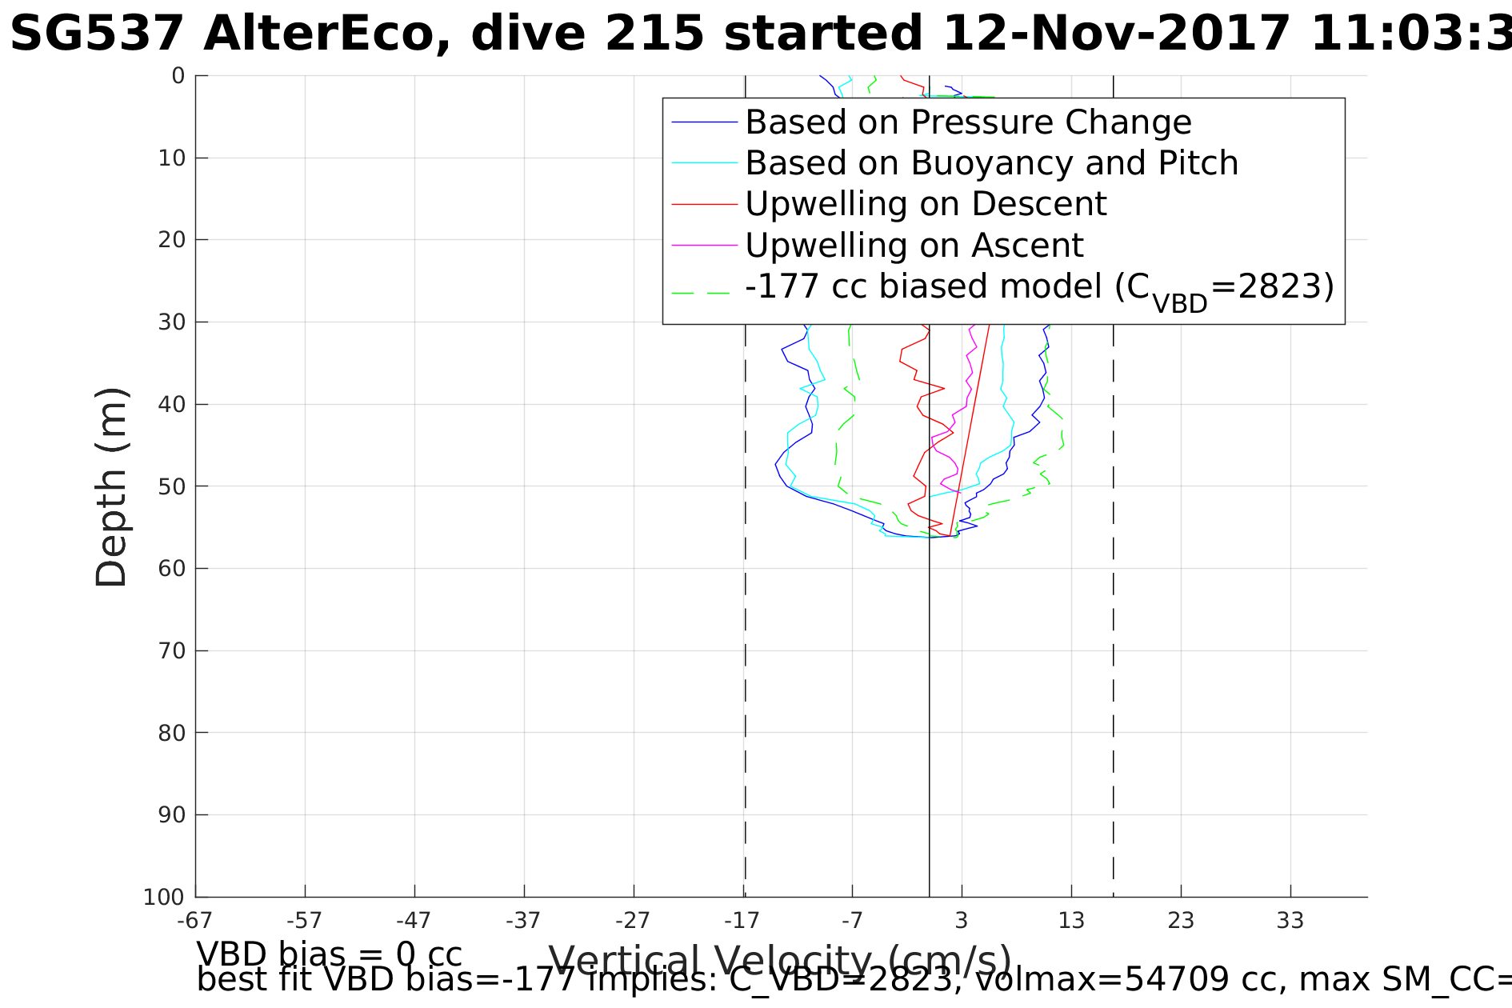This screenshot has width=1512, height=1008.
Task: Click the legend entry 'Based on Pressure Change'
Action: tap(968, 122)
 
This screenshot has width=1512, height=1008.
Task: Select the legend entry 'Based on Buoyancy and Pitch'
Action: tap(991, 163)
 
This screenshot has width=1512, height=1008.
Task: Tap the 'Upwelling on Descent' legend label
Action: tap(926, 204)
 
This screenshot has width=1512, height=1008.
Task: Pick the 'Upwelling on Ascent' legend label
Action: tap(914, 245)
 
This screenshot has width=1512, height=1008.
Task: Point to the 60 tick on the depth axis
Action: tap(172, 569)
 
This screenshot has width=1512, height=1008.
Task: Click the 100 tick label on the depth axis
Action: tap(164, 898)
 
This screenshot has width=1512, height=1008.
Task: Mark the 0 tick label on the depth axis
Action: tap(178, 76)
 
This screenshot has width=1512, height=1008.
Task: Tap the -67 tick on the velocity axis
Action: tap(194, 921)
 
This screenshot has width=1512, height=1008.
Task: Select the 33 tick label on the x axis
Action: tap(1290, 921)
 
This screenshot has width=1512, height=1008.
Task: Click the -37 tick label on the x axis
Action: tap(523, 921)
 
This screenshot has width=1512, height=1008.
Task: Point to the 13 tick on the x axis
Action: tap(1071, 921)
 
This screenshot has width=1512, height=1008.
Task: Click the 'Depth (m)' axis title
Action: tap(111, 488)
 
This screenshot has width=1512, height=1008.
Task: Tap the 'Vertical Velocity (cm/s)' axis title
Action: tap(780, 961)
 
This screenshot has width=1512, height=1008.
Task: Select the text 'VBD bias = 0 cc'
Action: tap(329, 954)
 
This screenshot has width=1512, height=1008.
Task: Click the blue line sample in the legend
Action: tap(704, 122)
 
